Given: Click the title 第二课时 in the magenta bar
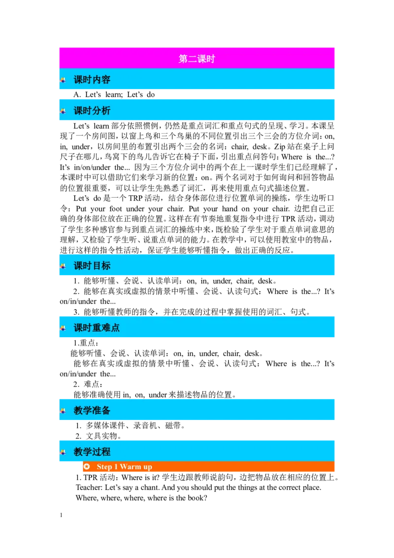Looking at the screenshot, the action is pos(197,59).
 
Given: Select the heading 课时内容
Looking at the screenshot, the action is pos(92,80).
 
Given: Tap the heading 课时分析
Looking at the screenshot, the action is pos(92,111).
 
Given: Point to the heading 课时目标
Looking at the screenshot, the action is pos(92,266).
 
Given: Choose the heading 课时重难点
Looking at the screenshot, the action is pos(97,328).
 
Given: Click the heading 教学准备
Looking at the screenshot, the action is pos(92,410).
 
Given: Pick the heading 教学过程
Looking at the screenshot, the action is pos(92,452).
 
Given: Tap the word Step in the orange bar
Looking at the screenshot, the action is pos(104,467).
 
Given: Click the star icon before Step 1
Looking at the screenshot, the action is pos(87,466).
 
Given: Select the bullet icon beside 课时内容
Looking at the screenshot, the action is pos(63,80).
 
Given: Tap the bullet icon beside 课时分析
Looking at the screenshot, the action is pos(63,111).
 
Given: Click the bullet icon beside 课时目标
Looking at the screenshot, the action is pos(63,266).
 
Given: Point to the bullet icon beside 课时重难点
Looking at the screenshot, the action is pos(63,328).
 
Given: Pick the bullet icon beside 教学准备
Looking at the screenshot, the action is pos(63,410).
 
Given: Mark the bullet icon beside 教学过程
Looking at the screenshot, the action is pos(63,452).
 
